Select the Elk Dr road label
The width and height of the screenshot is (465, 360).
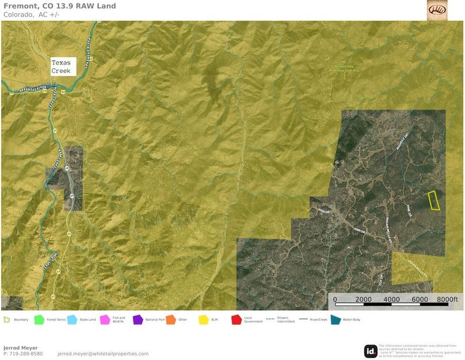coord(380,279)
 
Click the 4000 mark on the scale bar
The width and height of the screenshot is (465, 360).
coord(391,300)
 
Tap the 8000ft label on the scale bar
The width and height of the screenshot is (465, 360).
coord(447,300)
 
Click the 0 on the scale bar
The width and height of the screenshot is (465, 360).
coord(336,300)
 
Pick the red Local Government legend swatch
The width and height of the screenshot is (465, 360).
coord(237,319)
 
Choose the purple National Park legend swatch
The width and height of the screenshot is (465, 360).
coord(138,319)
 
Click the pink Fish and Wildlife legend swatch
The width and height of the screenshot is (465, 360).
coord(105,319)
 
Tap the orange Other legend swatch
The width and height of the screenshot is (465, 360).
coord(170,319)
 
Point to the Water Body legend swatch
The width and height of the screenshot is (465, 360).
coord(336,319)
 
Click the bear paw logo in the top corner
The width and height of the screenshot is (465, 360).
coord(437,10)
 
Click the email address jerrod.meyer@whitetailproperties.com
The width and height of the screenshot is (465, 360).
coord(103,354)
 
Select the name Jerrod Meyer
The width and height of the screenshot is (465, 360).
coord(21,348)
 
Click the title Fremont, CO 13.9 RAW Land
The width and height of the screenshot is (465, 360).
coord(59,6)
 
